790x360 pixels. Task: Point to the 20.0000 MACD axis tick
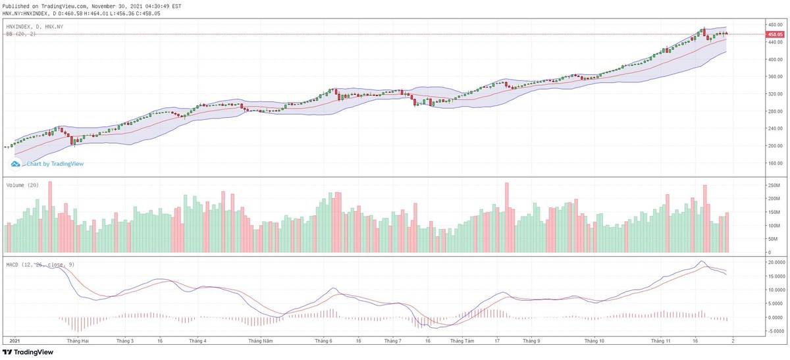[777, 261]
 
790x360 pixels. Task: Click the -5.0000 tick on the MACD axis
[777, 331]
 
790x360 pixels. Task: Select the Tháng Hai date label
[77, 341]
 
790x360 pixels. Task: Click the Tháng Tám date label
[461, 341]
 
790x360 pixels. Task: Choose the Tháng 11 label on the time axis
[660, 341]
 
